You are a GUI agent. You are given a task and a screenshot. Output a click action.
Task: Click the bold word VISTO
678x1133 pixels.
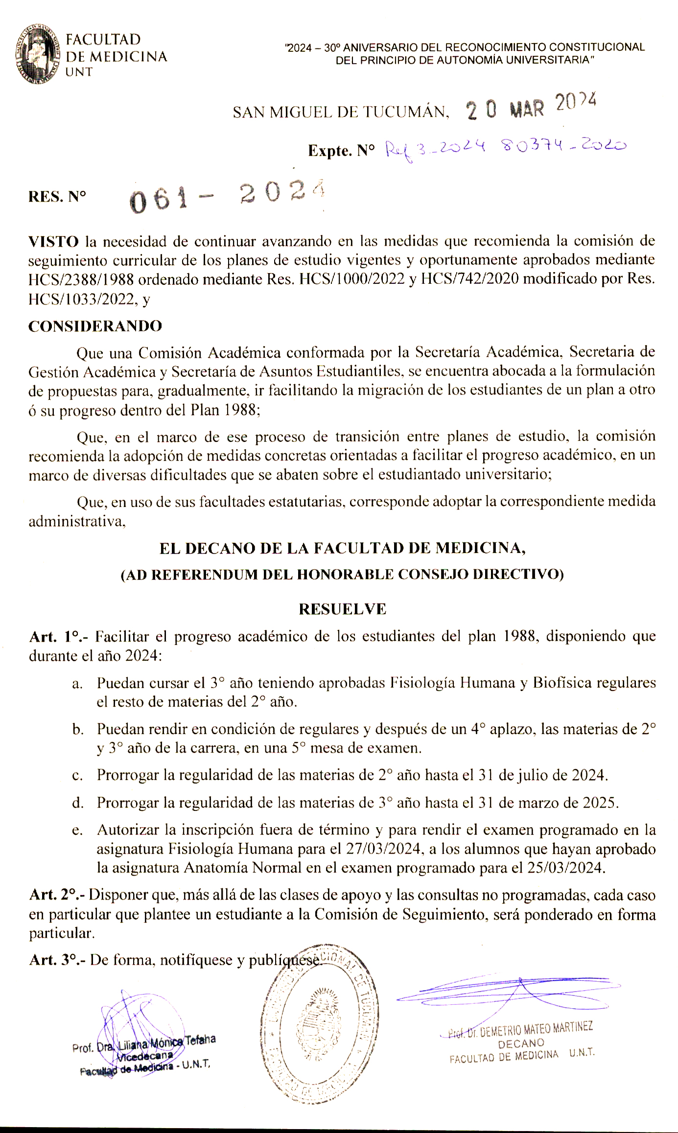[x=53, y=241]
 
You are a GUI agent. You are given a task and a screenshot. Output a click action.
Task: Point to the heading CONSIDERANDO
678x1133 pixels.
[x=95, y=326]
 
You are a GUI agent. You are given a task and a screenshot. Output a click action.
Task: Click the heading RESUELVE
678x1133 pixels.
[x=342, y=609]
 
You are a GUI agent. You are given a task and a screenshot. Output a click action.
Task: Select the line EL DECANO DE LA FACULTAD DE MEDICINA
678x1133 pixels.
[x=342, y=548]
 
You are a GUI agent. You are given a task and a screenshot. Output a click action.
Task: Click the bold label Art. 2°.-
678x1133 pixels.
[x=57, y=895]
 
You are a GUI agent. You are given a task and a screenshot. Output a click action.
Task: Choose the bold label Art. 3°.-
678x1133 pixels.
[x=57, y=960]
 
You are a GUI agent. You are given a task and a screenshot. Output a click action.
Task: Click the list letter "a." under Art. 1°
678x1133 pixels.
[x=77, y=684]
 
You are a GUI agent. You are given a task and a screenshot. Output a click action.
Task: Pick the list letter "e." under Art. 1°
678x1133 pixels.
[x=77, y=831]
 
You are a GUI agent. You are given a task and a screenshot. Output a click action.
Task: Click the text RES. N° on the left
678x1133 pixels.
[x=57, y=197]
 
